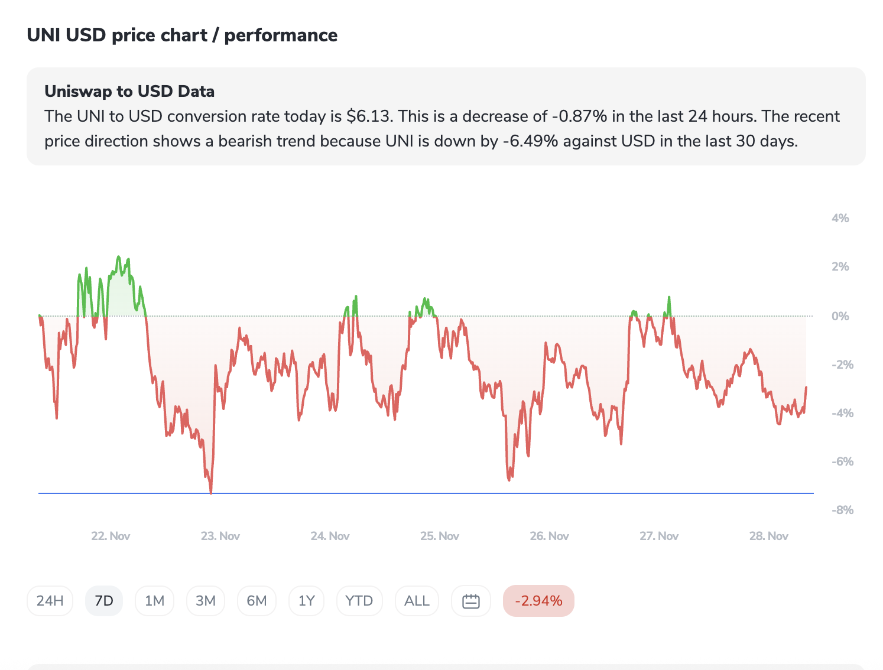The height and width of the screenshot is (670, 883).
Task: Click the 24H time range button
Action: coord(50,601)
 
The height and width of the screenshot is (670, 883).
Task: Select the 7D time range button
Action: coord(104,601)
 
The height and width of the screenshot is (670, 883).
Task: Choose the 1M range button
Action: coord(154,601)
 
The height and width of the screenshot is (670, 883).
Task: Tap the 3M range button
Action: coord(205,601)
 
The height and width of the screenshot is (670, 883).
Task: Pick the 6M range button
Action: coord(257,601)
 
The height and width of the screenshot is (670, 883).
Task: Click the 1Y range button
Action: coord(306,601)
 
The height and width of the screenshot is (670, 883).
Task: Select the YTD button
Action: coord(359,601)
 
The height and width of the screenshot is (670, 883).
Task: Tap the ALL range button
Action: coord(417,601)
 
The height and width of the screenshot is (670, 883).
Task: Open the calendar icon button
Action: coord(470,601)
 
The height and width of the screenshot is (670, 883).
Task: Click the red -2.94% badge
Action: coord(538,601)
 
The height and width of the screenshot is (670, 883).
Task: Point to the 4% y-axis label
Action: coord(840,218)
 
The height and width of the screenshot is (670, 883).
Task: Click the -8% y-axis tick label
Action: coord(842,510)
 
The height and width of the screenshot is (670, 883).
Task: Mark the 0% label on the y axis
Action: coord(840,316)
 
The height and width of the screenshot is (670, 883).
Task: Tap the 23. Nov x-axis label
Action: coord(220,536)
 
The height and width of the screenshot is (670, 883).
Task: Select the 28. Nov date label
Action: coord(768,536)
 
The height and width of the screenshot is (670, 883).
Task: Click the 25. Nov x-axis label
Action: coord(439,536)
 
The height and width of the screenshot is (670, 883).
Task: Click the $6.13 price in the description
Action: coord(369,116)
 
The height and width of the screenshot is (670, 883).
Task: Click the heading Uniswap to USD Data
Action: coord(129,92)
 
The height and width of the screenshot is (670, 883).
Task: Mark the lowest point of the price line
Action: coord(211,492)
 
